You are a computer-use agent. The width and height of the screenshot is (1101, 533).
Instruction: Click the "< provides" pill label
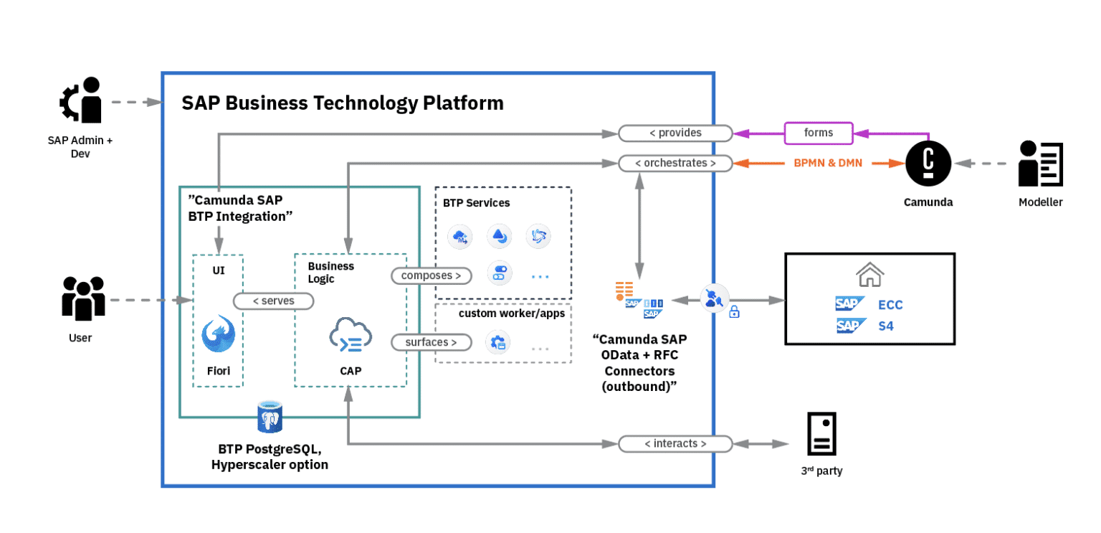(x=675, y=133)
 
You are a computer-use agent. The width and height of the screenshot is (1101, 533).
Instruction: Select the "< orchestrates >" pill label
(x=675, y=163)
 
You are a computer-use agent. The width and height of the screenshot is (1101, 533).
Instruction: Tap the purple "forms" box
(x=819, y=133)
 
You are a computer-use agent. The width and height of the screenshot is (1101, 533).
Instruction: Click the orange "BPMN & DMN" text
(x=828, y=163)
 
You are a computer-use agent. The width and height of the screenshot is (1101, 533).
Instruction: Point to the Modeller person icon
(x=1040, y=164)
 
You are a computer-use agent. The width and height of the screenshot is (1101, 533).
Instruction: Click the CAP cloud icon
(x=351, y=336)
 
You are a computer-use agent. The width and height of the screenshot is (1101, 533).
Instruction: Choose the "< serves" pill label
(x=274, y=301)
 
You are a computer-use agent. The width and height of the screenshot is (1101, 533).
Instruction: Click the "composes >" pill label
(x=431, y=275)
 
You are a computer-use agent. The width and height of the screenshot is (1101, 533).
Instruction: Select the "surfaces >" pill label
(x=431, y=342)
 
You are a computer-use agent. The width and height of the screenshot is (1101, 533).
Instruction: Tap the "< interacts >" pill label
(x=675, y=444)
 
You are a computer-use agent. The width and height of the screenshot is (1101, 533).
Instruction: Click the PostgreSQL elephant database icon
(x=270, y=417)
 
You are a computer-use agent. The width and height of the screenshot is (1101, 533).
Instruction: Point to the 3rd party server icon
(x=821, y=434)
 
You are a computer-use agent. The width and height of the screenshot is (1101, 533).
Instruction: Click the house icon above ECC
(x=869, y=273)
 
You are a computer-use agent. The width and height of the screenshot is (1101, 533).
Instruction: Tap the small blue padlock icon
(x=734, y=312)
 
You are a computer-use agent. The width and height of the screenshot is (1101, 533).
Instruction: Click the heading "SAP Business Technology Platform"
(x=343, y=103)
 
